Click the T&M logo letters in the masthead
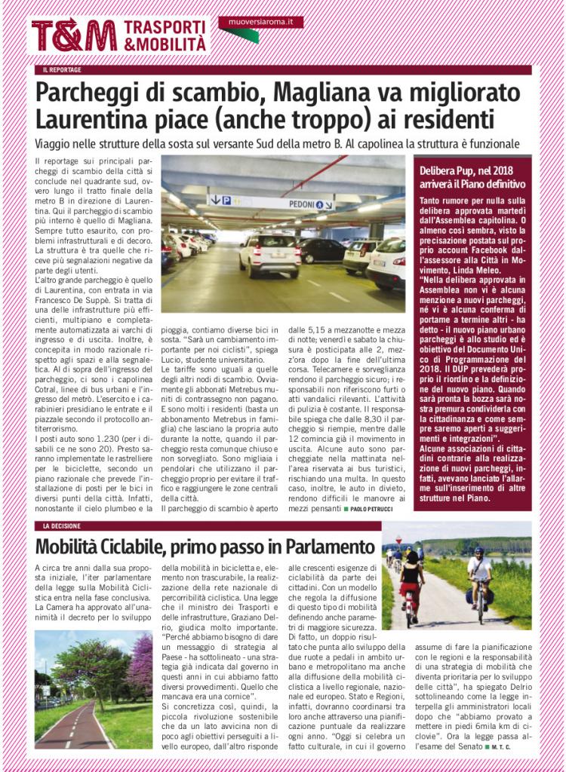pos(73,35)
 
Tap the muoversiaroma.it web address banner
pos(260,23)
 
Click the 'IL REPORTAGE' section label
pos(62,70)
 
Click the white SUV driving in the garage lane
pos(269,254)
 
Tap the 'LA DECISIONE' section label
pos(62,525)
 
